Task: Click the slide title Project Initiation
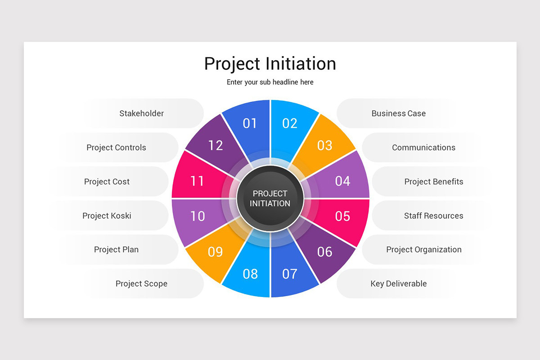(x=270, y=63)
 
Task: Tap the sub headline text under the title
(x=270, y=82)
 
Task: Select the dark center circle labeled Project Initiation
(x=270, y=198)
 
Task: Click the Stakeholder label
(x=141, y=113)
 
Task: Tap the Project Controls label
(x=116, y=148)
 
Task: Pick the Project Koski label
(x=107, y=216)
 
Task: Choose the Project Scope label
(x=141, y=283)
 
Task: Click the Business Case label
(x=398, y=113)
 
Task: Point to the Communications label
(x=423, y=148)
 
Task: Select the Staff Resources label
(x=433, y=216)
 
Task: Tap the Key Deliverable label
(x=398, y=283)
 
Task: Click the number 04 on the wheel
(x=342, y=181)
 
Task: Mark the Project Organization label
(x=423, y=249)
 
